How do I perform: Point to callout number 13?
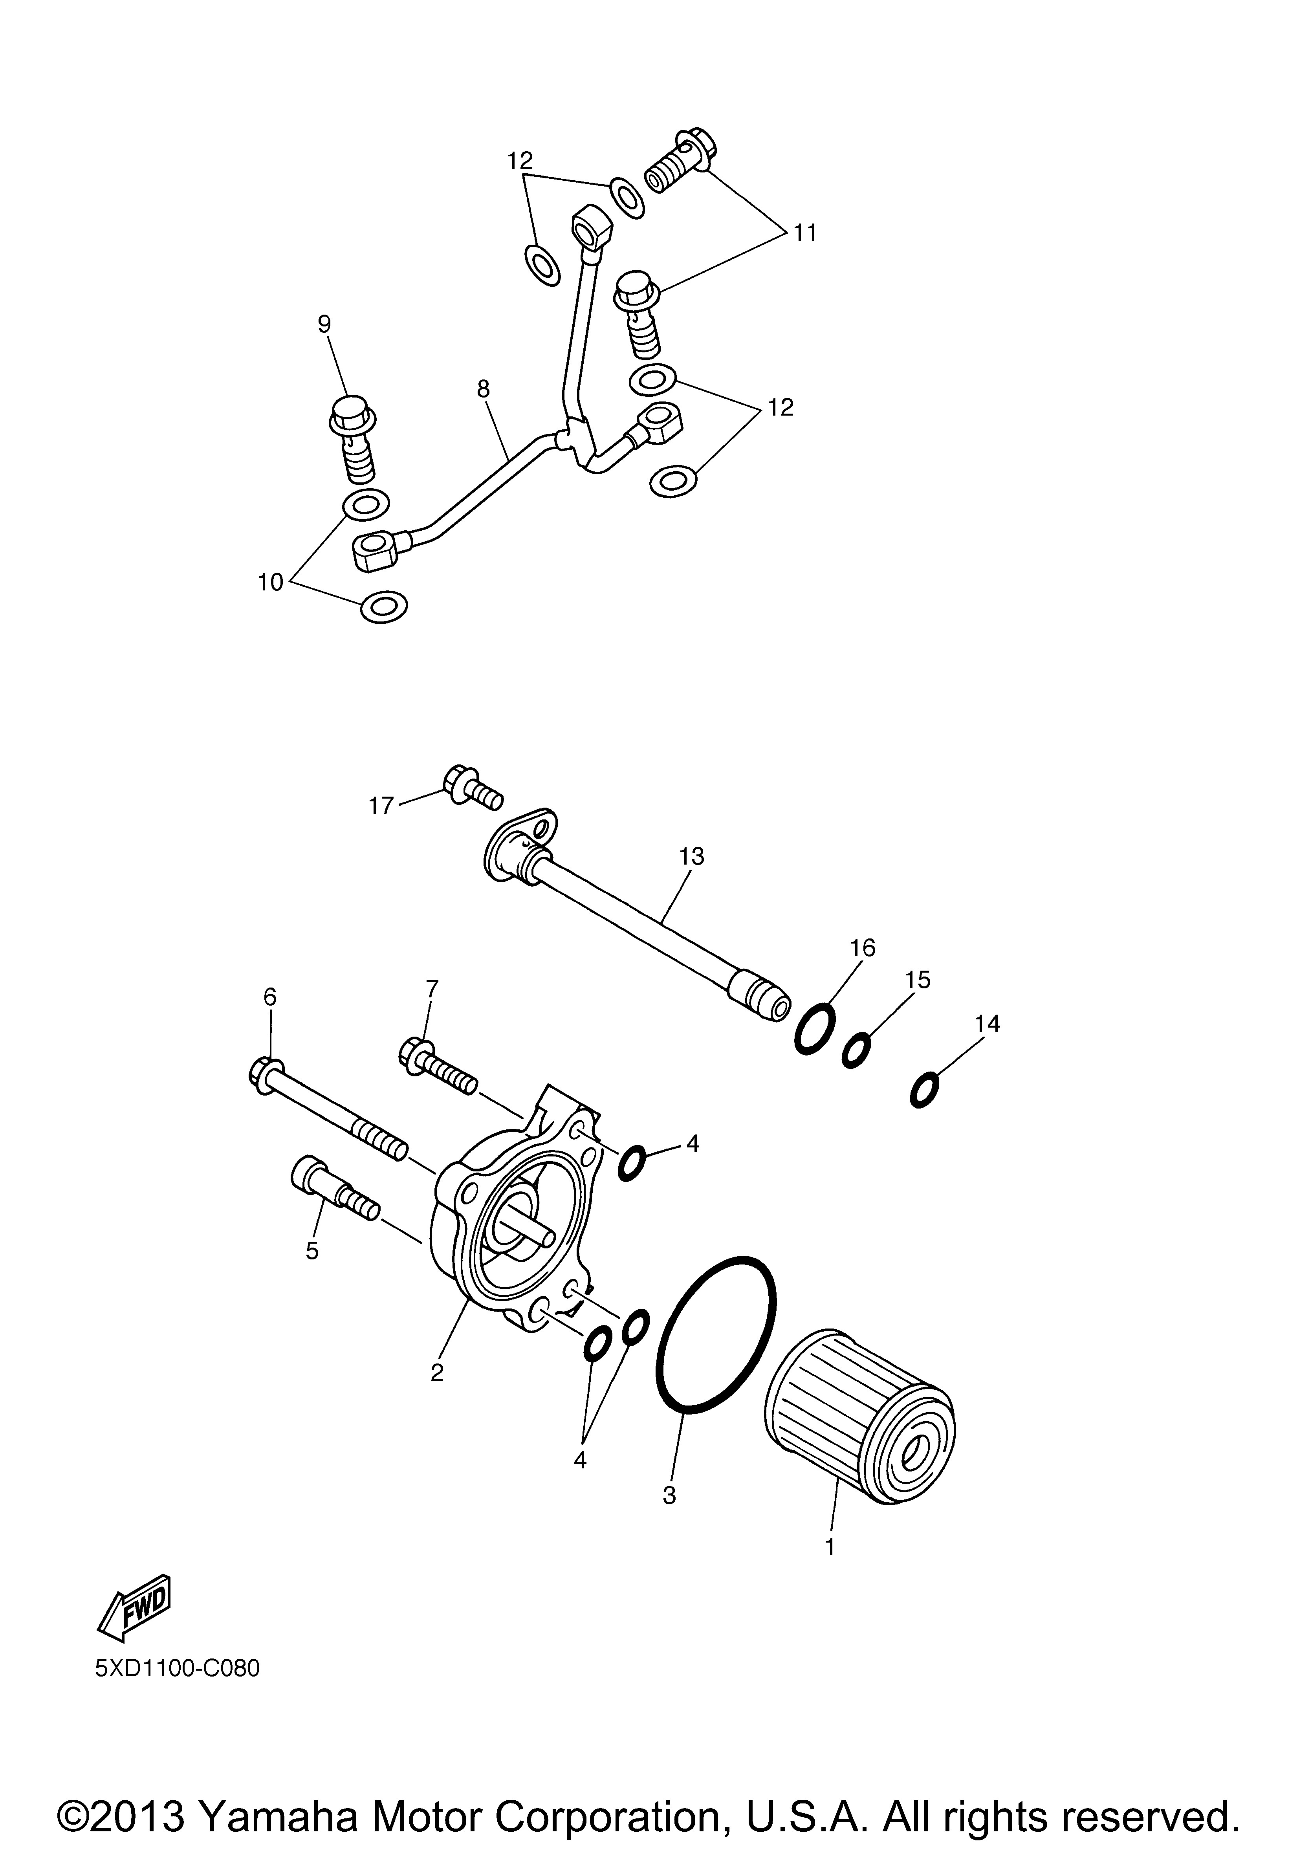pyautogui.click(x=691, y=856)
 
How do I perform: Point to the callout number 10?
pyautogui.click(x=271, y=581)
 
